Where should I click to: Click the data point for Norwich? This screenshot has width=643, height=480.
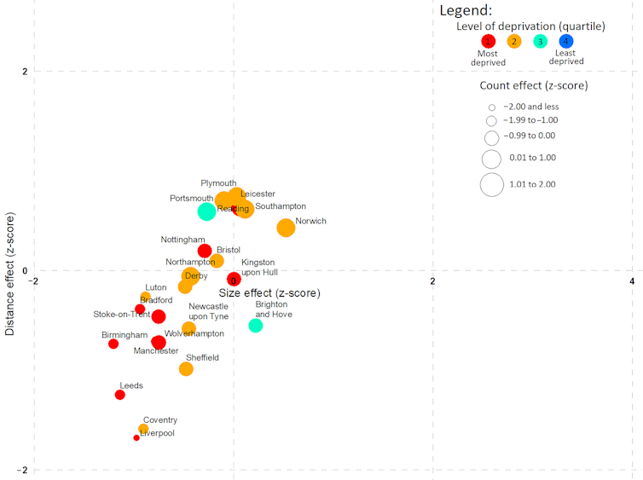tap(286, 228)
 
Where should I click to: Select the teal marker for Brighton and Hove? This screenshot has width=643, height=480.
tap(256, 326)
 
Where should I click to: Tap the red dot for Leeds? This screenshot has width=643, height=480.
tap(120, 395)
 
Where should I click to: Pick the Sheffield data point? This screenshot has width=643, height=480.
tap(186, 368)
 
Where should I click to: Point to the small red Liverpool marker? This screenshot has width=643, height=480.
tap(136, 437)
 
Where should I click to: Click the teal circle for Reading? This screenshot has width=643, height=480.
tap(206, 211)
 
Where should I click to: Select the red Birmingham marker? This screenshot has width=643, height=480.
tap(113, 344)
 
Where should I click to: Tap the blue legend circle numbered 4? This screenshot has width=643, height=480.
tap(566, 41)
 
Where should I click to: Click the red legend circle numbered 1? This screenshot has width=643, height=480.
tap(488, 41)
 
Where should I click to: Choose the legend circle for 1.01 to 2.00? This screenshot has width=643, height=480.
tap(492, 184)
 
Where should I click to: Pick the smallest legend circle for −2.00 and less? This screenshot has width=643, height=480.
tap(492, 107)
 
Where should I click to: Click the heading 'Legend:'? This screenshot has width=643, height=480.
tap(466, 11)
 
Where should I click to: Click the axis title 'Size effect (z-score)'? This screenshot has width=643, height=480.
tap(269, 293)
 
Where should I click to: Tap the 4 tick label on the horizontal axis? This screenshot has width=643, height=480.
tap(632, 281)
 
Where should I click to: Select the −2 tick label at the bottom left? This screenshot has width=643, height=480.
tap(25, 471)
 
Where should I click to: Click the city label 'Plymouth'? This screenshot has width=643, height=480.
tap(218, 183)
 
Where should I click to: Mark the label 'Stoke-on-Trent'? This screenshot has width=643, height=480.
tap(122, 314)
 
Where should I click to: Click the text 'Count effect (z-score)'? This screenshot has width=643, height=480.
tap(534, 85)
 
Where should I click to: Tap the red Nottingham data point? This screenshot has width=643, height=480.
tap(205, 251)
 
